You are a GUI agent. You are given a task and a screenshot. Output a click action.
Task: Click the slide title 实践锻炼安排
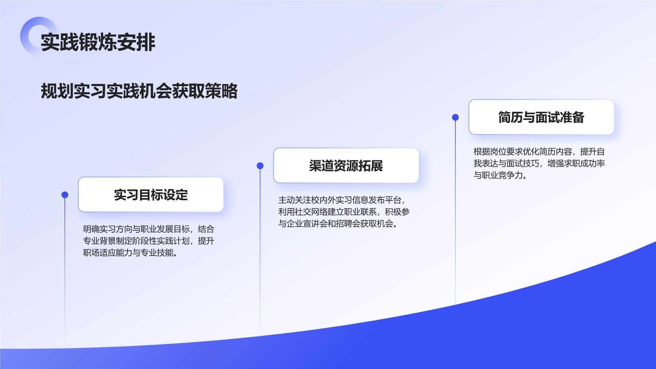point(98,42)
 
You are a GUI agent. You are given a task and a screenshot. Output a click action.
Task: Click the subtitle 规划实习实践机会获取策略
point(139,91)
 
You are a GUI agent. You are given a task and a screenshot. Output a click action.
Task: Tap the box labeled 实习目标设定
point(151,194)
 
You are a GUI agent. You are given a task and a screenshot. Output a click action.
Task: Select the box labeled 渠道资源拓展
point(346,165)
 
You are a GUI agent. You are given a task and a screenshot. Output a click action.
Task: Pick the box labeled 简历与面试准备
point(541,117)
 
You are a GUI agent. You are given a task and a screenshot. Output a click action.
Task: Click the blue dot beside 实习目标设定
point(65,195)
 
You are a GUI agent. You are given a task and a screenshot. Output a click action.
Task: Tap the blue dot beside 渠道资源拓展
point(260,166)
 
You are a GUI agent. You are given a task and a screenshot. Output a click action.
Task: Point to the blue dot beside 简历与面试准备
point(455,117)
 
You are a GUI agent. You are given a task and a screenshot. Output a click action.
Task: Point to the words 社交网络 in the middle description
point(311,212)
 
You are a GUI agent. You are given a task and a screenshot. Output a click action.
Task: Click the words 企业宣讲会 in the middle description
point(303,224)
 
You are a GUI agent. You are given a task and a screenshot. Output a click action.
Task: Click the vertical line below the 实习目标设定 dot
point(65,273)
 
